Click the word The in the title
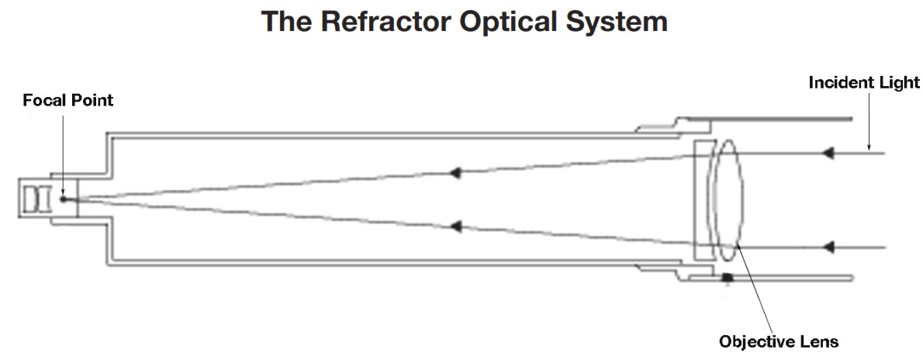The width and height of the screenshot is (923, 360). coord(288,21)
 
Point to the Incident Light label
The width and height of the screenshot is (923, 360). coord(864,81)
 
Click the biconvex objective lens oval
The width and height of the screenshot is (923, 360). coord(728,202)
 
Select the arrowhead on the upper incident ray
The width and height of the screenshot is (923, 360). coord(828,154)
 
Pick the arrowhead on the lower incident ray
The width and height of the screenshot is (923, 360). coord(828,247)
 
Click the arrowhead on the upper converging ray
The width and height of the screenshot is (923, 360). coord(457,172)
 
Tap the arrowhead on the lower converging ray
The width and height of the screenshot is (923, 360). coord(457,227)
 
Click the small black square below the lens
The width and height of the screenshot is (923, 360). coord(728,277)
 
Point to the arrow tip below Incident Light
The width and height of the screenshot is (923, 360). coord(869,147)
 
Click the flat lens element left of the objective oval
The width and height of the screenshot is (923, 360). coord(703,202)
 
